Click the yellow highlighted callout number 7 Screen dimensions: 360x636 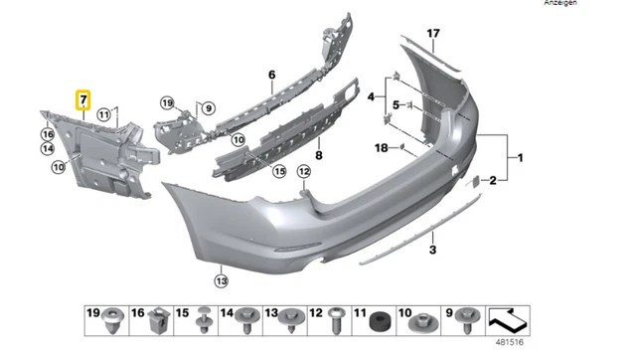(83, 99)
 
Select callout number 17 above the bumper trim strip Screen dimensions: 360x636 (432, 34)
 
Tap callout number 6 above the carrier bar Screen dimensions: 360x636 (270, 75)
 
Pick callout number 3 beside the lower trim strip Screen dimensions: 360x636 (432, 250)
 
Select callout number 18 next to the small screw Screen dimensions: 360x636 (382, 147)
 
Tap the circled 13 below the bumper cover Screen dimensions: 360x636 (221, 280)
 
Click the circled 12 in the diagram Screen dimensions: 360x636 (304, 172)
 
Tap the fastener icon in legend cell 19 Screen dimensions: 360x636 (110, 320)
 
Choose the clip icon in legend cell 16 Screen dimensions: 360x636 (156, 320)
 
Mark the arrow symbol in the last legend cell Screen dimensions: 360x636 (509, 320)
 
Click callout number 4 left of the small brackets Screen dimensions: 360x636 (371, 97)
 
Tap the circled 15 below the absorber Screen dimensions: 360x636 (280, 171)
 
